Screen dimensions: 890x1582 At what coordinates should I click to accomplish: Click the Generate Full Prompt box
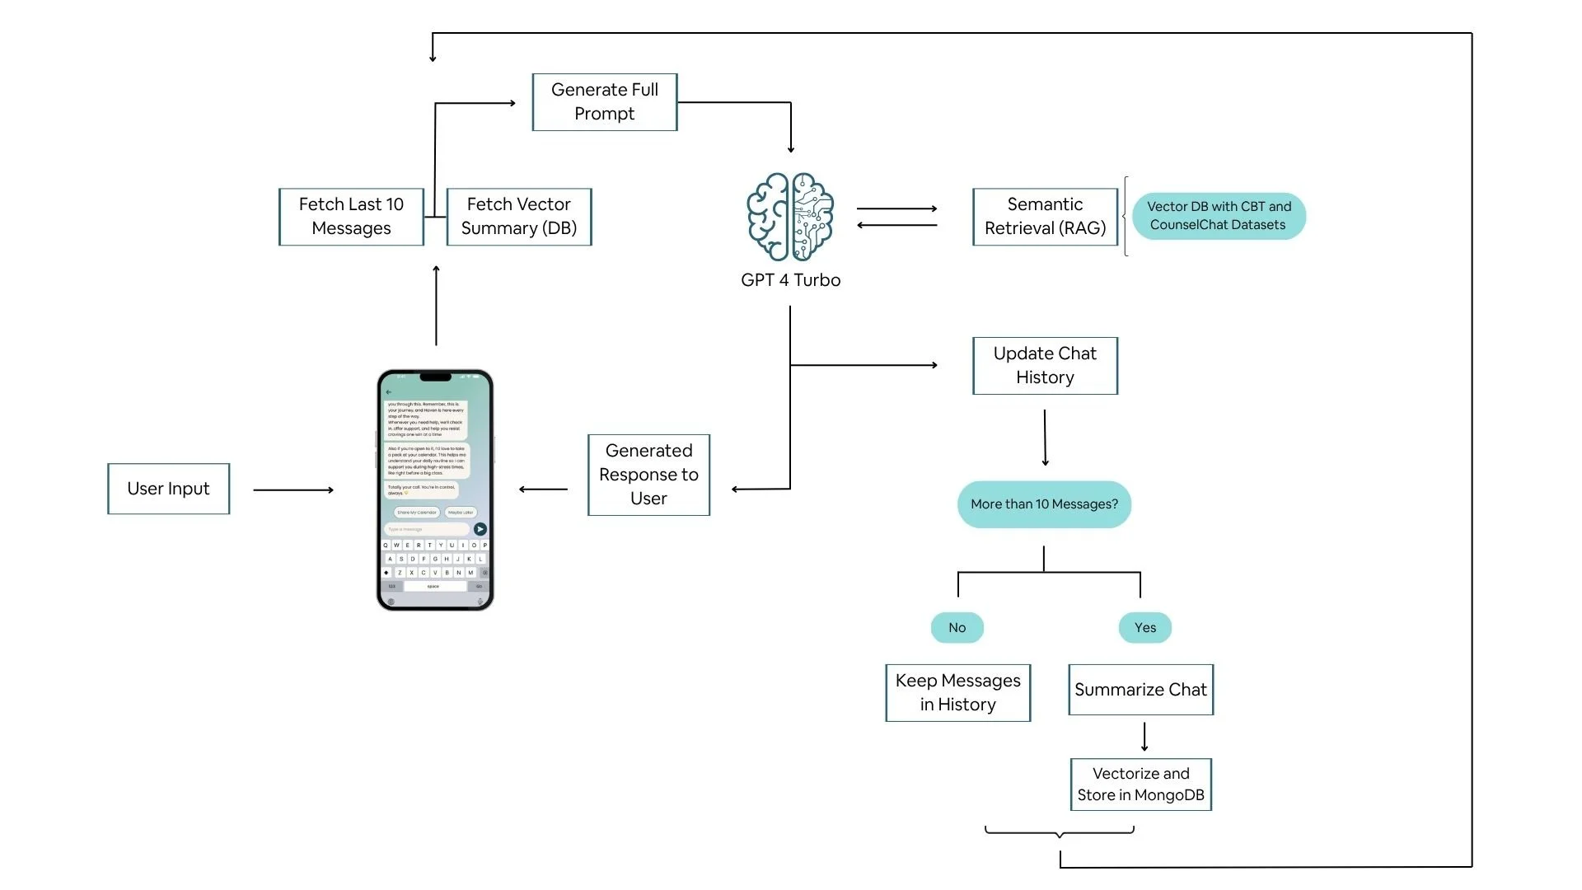point(605,102)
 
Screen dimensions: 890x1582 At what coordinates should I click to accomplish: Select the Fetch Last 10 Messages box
point(352,217)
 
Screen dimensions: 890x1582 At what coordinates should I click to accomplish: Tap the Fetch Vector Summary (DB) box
point(519,217)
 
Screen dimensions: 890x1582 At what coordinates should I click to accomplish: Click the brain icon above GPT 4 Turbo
point(790,217)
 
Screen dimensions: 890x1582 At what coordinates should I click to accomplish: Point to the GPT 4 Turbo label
point(790,280)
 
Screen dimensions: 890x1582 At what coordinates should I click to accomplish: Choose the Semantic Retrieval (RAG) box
point(1045,217)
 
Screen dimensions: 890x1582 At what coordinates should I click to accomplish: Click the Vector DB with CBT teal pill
point(1219,216)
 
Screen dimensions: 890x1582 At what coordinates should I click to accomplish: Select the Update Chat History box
point(1045,366)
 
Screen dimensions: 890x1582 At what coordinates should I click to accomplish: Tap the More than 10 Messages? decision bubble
point(1044,504)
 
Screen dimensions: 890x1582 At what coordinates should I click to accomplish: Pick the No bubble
point(957,628)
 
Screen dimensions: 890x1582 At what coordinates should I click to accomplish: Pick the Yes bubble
point(1144,628)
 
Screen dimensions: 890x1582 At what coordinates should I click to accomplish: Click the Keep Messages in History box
point(957,693)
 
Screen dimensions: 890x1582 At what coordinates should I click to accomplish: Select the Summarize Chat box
point(1140,690)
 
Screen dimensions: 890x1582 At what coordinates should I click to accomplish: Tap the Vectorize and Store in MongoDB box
point(1140,785)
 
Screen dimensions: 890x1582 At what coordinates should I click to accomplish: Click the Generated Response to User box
point(648,475)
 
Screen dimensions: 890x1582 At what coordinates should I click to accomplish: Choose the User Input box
point(169,489)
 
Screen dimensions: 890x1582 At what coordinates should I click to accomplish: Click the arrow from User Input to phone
point(293,490)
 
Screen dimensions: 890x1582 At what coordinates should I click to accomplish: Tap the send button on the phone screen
point(480,529)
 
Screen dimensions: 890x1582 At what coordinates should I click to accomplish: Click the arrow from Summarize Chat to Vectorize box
point(1144,737)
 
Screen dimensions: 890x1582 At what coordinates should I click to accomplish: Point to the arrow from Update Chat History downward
point(1045,438)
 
